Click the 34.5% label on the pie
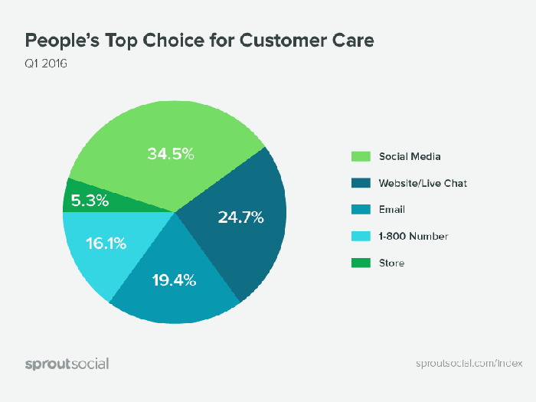[171, 154]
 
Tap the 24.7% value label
[240, 217]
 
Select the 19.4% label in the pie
[173, 280]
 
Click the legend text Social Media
[410, 156]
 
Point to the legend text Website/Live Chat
[423, 183]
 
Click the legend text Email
[392, 209]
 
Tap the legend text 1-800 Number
[413, 236]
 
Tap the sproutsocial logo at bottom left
[67, 363]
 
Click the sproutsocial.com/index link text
[462, 363]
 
